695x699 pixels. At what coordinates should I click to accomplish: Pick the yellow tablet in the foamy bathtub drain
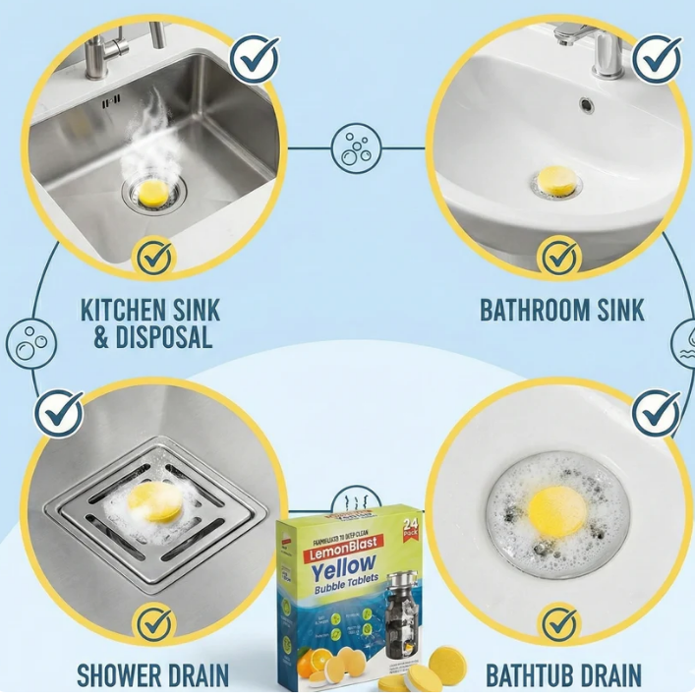click(556, 505)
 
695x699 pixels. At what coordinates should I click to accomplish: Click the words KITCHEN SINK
click(150, 311)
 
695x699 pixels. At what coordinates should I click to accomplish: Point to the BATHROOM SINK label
click(561, 311)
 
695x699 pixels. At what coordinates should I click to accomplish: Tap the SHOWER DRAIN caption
click(152, 676)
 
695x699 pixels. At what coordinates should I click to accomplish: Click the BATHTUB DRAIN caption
click(563, 676)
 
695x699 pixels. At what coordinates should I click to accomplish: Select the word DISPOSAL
click(165, 338)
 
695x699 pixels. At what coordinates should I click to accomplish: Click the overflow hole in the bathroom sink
click(587, 103)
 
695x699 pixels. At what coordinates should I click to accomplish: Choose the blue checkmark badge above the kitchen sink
click(254, 58)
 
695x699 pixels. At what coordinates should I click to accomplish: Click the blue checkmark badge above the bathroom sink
click(657, 58)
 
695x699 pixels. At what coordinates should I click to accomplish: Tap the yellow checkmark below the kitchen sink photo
click(153, 258)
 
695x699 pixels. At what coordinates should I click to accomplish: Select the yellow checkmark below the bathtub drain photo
click(559, 622)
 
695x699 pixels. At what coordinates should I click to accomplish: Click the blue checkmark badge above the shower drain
click(59, 413)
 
